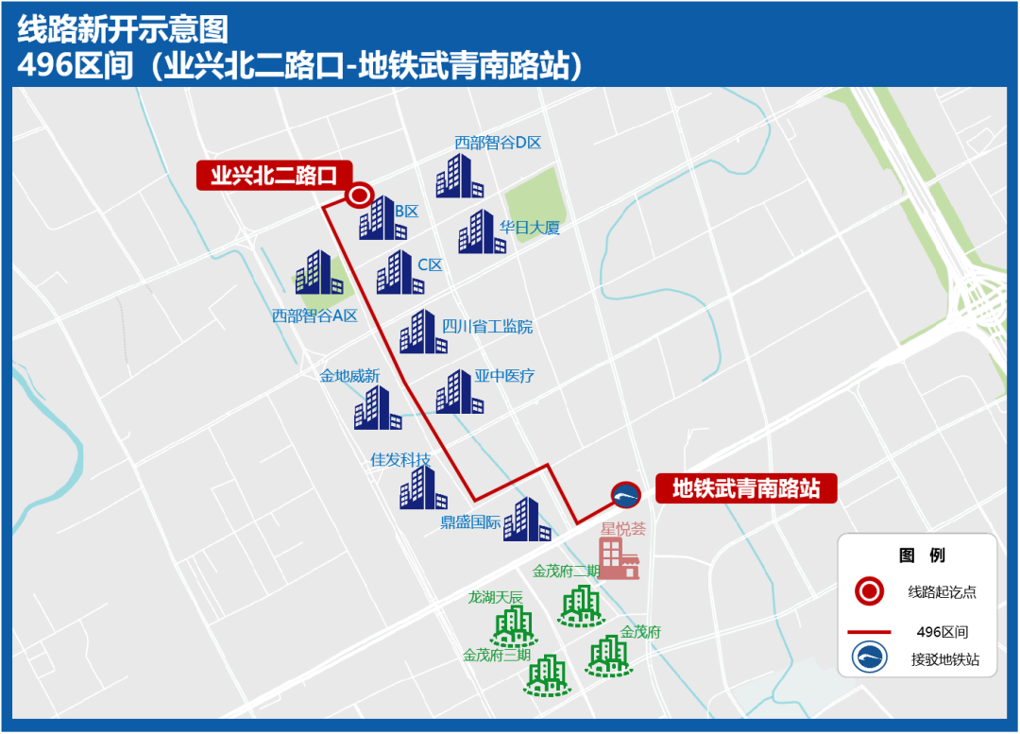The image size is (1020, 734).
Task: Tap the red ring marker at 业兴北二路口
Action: (359, 196)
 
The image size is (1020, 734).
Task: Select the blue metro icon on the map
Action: (625, 494)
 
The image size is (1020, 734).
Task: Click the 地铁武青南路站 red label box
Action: (746, 489)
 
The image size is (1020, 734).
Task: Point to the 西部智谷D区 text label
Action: (498, 143)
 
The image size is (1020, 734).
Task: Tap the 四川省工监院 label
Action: (487, 327)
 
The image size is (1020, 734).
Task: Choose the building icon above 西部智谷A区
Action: (317, 274)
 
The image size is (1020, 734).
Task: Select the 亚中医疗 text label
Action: (504, 376)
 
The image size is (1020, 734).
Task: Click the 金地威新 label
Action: (349, 376)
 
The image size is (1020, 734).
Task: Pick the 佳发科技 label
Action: (400, 460)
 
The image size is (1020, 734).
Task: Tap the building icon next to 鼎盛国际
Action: (525, 520)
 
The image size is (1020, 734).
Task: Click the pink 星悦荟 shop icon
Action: (620, 557)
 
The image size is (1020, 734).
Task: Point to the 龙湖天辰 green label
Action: (495, 597)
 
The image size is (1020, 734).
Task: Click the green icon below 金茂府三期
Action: (548, 675)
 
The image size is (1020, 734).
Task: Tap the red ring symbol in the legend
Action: (869, 592)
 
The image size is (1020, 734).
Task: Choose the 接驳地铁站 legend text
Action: (944, 659)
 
